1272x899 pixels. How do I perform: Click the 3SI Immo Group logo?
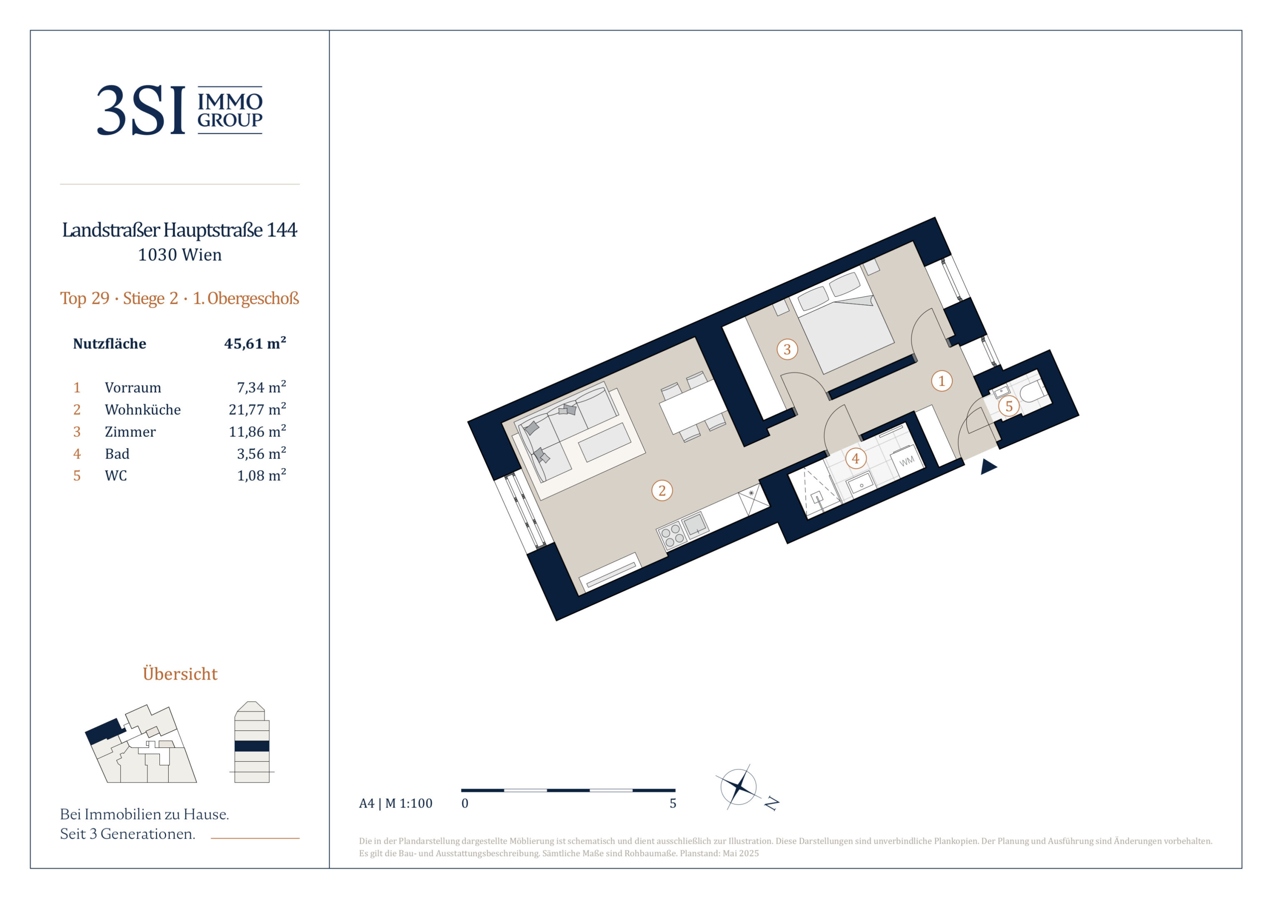click(x=179, y=110)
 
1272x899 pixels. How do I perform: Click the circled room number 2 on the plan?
click(x=662, y=490)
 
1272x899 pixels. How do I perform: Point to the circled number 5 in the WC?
click(x=1009, y=406)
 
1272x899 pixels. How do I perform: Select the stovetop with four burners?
click(x=672, y=535)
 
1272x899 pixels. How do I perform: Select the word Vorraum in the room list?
click(x=133, y=388)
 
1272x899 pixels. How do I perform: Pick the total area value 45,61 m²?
click(x=255, y=343)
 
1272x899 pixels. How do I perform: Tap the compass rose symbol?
click(x=738, y=787)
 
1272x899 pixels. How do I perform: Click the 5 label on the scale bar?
click(x=672, y=803)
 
